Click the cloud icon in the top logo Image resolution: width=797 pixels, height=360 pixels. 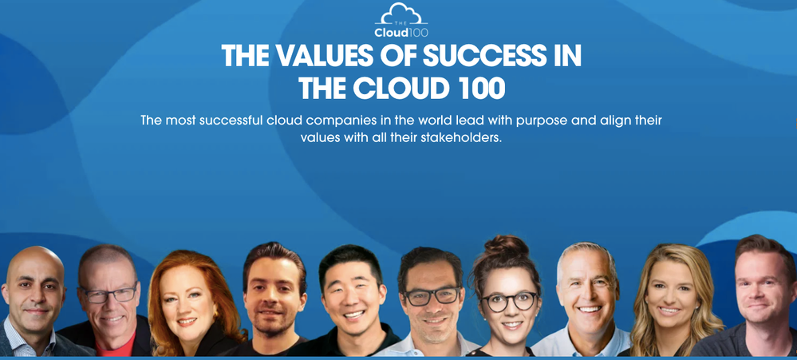tap(401, 14)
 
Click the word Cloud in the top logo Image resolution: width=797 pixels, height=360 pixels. tap(392, 33)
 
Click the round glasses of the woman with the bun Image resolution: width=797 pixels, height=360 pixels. tap(509, 302)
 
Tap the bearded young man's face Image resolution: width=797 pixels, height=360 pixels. tap(275, 300)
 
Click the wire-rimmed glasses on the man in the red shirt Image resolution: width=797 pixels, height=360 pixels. tap(109, 295)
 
